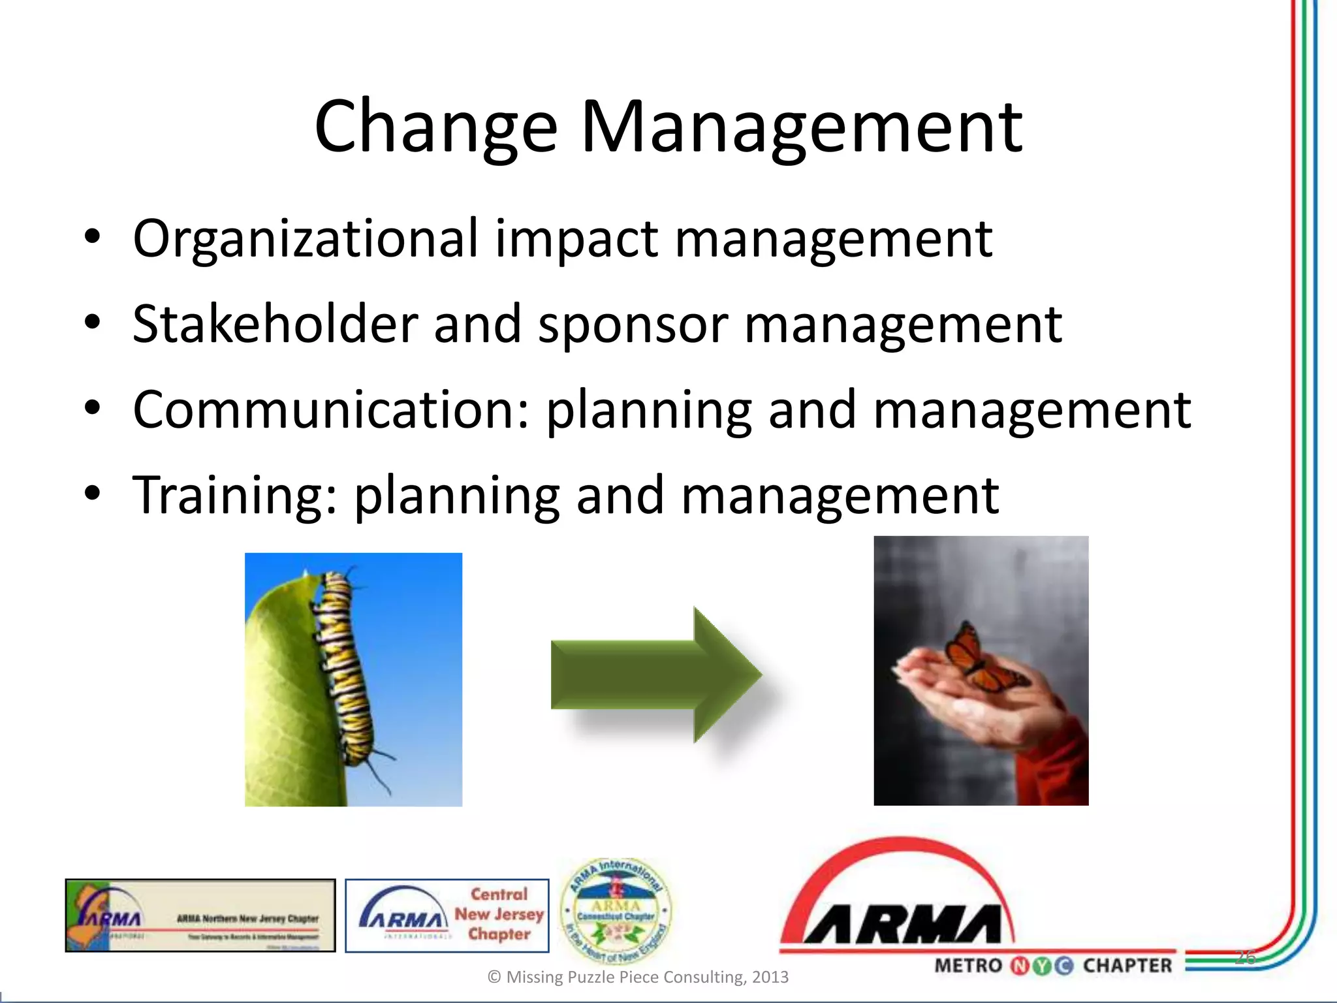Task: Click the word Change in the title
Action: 435,127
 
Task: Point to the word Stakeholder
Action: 275,324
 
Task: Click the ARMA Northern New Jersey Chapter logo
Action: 200,915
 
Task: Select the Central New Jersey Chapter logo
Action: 447,915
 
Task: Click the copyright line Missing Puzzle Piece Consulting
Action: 638,977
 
